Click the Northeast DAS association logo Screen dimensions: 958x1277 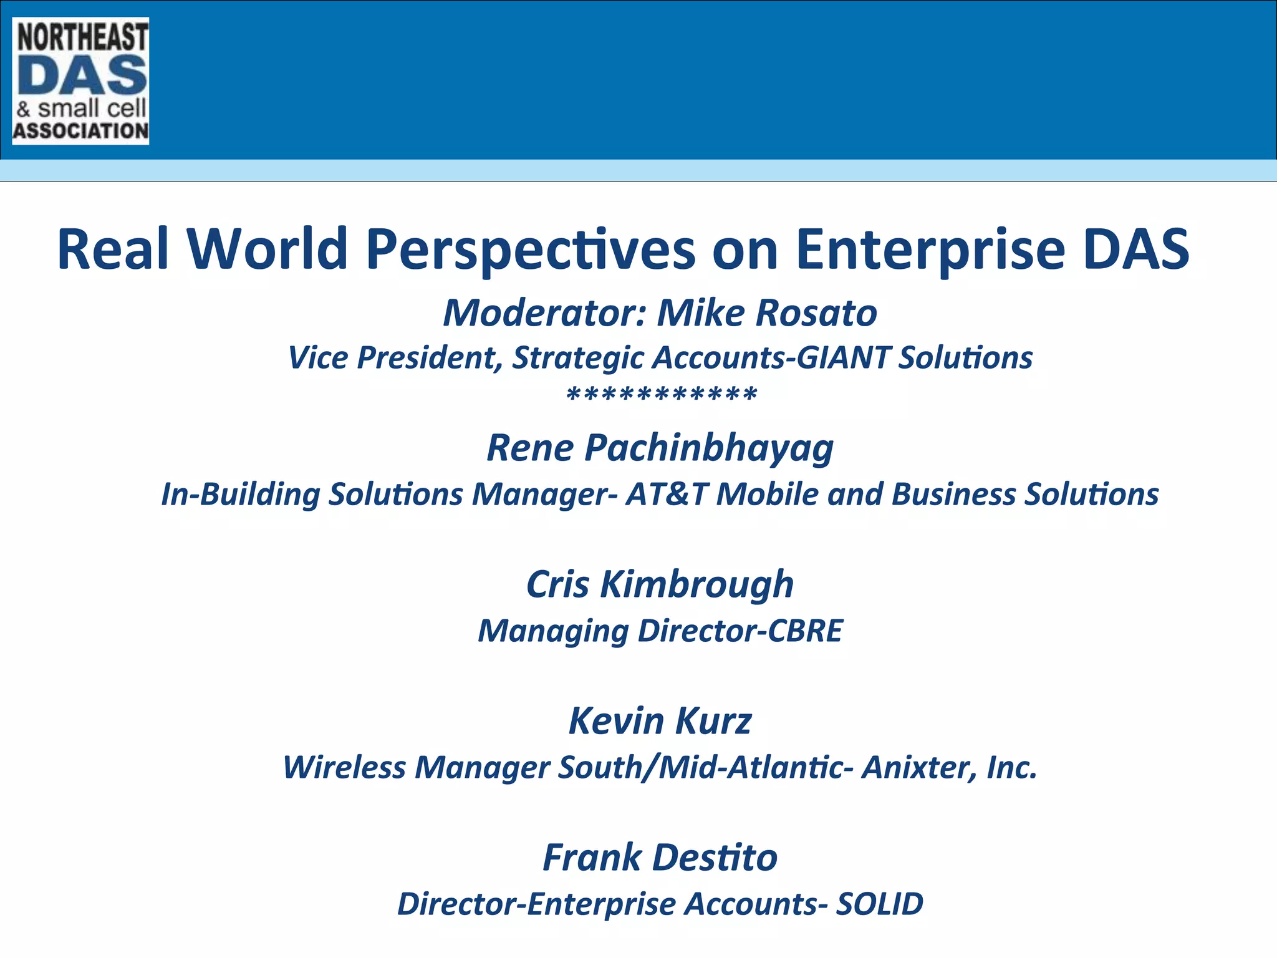click(80, 81)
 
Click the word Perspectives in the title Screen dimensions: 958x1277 click(530, 249)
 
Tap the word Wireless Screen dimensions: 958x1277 click(344, 767)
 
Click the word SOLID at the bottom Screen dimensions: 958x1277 click(879, 904)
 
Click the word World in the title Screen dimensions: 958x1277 click(267, 249)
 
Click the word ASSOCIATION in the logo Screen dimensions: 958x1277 click(80, 131)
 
